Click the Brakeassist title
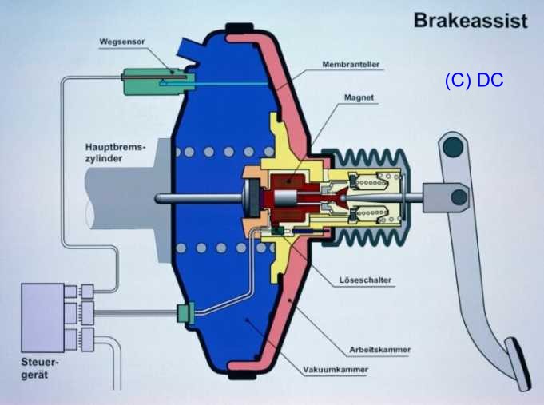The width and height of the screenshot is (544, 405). click(x=470, y=21)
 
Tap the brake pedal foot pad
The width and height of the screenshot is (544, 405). click(x=519, y=364)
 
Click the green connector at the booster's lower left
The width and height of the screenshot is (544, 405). click(x=185, y=314)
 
